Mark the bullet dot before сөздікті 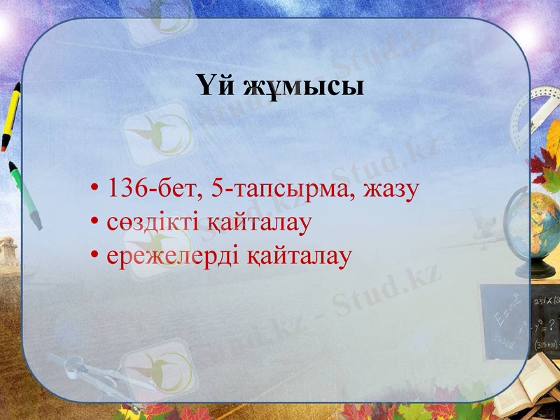click(94, 224)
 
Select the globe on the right click(542, 224)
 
